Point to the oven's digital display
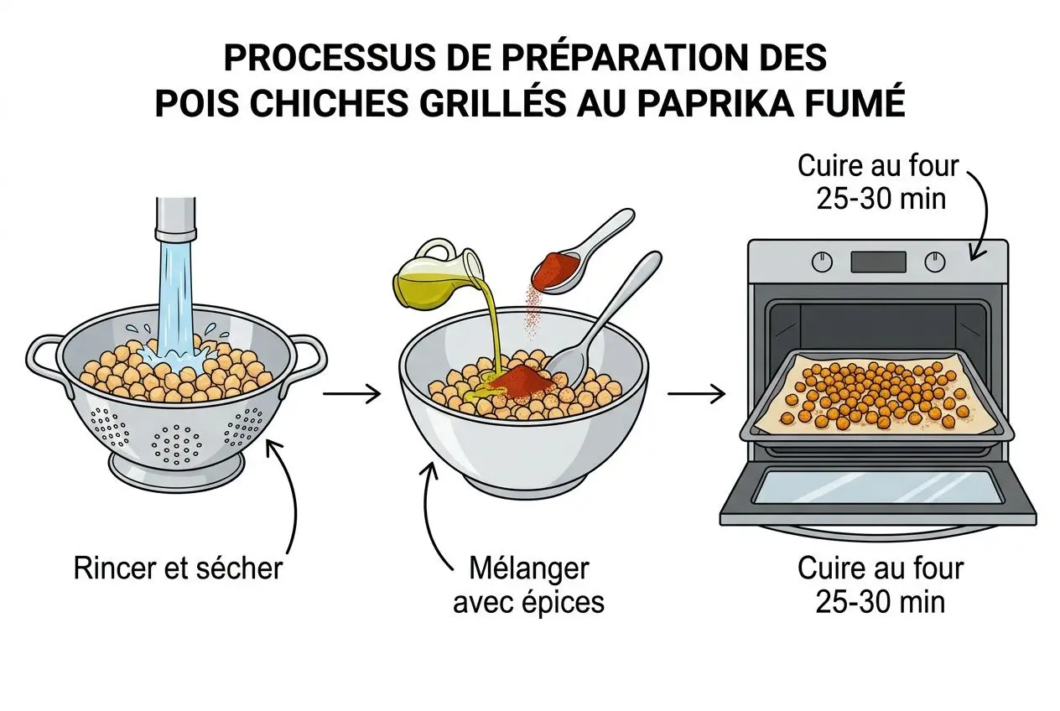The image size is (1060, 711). point(878,262)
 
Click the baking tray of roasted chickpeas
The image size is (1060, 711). point(876,394)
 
